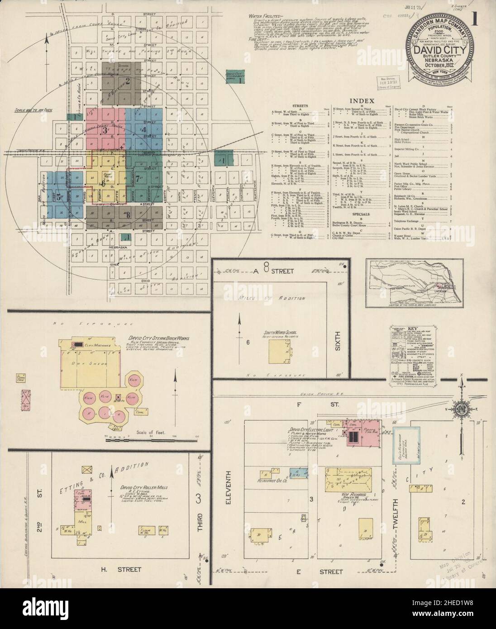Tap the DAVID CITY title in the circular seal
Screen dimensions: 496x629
438,50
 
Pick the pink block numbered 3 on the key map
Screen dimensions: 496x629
105,131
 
